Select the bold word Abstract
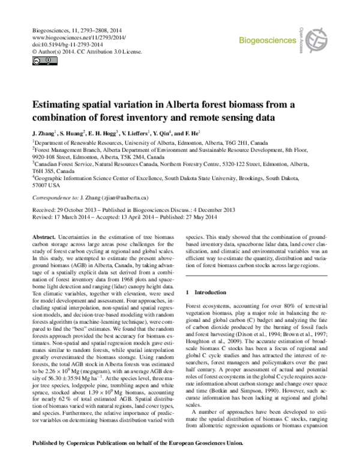(x=44, y=238)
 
